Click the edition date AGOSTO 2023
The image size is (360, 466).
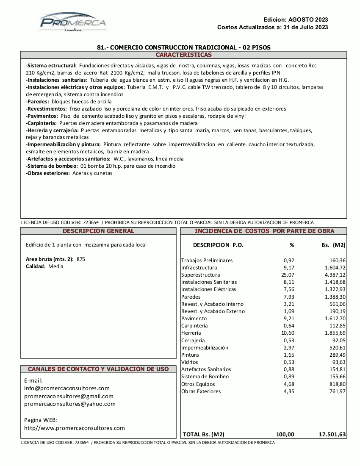click(308, 19)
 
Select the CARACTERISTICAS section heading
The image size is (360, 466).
click(183, 55)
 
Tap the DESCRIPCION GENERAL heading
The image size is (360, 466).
click(98, 231)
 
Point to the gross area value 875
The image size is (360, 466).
click(81, 259)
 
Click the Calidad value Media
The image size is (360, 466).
click(56, 266)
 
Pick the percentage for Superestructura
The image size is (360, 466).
click(288, 275)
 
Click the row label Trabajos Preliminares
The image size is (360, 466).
click(207, 261)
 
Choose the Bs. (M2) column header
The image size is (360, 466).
click(333, 245)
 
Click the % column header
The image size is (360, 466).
click(292, 245)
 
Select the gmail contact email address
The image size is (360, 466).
click(69, 396)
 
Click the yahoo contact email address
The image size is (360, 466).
click(70, 404)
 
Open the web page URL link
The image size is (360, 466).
click(75, 428)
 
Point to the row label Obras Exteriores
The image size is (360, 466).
click(201, 391)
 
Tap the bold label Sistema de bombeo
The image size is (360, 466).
click(52, 166)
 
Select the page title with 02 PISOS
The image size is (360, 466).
click(183, 47)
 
